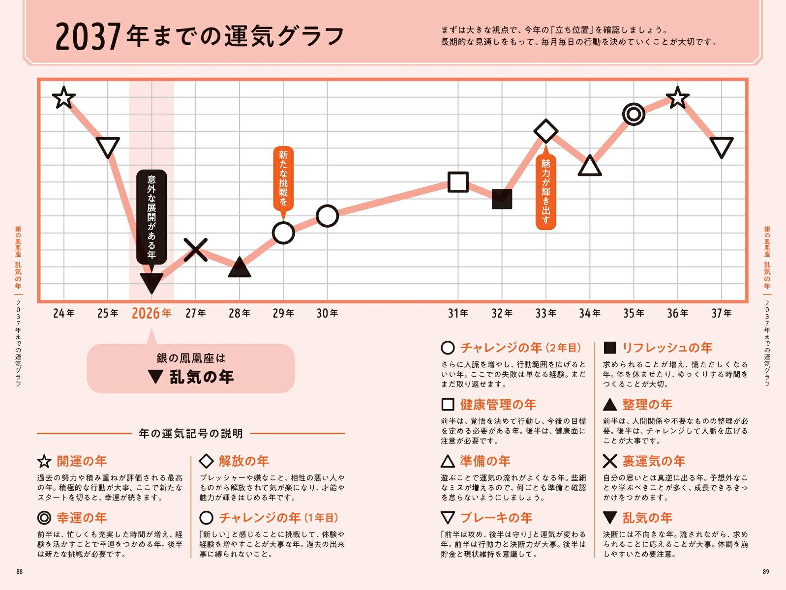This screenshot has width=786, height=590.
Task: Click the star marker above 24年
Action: click(63, 97)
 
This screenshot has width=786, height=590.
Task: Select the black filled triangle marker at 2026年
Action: click(151, 282)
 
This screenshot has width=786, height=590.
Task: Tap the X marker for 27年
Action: click(196, 249)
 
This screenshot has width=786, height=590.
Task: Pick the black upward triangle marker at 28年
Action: click(239, 268)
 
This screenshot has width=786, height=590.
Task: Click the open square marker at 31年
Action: click(458, 182)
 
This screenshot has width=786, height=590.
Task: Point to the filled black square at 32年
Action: click(502, 199)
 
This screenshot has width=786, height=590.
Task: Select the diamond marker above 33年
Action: click(545, 131)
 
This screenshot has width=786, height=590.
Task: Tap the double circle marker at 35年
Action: click(634, 114)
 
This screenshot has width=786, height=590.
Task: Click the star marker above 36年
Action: click(677, 97)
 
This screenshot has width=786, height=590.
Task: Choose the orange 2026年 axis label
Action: click(151, 313)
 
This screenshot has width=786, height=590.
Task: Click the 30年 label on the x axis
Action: click(327, 313)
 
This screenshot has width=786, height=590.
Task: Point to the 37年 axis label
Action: click(721, 313)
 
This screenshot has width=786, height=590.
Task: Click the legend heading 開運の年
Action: click(82, 461)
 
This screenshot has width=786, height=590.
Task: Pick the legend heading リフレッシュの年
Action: click(667, 348)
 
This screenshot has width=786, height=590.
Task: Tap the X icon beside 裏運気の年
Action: click(609, 461)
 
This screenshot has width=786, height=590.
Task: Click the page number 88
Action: click(19, 571)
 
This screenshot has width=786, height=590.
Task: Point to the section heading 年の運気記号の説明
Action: click(191, 434)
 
